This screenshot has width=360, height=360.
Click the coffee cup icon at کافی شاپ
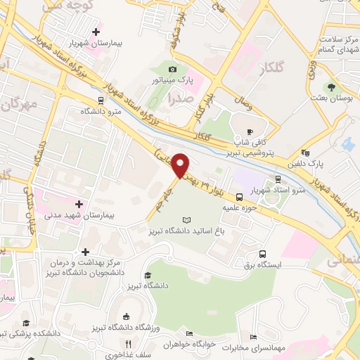coord(250,131)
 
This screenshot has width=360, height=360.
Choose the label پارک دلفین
coord(325,163)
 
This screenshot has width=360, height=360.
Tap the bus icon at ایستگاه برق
coord(262,254)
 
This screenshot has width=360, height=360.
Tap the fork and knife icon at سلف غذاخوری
coord(127,344)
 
